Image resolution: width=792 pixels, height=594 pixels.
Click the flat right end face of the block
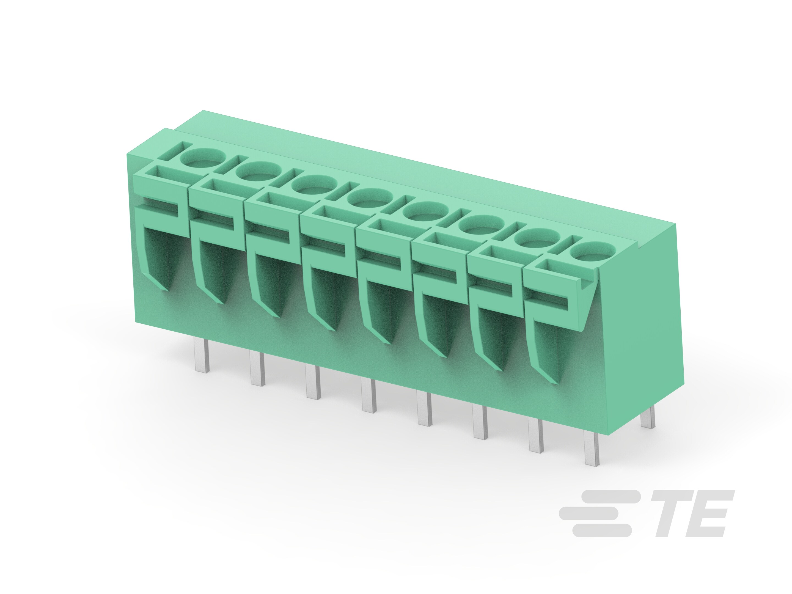click(x=645, y=322)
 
